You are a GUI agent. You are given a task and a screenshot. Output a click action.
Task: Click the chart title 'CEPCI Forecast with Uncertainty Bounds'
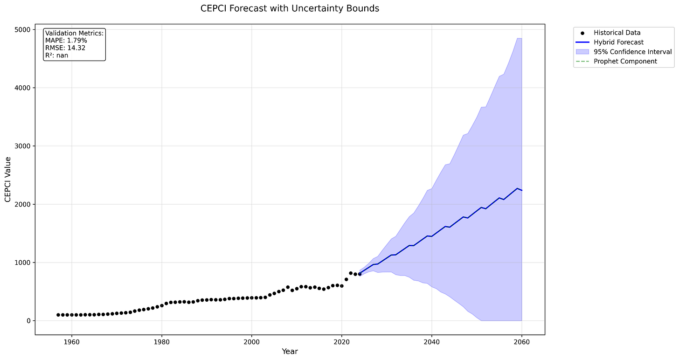click(290, 8)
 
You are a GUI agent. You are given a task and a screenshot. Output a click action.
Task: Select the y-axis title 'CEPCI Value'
click(7, 179)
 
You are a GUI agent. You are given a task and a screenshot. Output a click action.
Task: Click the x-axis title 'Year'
click(290, 352)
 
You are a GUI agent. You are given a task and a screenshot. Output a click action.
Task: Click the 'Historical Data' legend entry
click(617, 33)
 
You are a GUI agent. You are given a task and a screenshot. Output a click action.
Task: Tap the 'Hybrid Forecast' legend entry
click(618, 42)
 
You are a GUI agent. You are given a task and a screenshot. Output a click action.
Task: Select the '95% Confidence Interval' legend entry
click(632, 52)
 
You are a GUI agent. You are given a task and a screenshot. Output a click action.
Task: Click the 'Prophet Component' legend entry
click(625, 62)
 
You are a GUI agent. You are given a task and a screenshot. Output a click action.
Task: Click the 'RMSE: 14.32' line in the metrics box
click(65, 48)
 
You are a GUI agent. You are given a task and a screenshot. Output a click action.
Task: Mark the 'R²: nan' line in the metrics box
click(57, 55)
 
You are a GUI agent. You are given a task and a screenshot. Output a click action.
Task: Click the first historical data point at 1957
click(58, 315)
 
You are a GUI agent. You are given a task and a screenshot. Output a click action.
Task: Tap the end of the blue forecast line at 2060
click(522, 190)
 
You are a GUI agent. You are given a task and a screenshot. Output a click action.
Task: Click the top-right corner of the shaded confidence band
click(521, 39)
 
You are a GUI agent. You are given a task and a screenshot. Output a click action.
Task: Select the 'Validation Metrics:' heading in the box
click(75, 33)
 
